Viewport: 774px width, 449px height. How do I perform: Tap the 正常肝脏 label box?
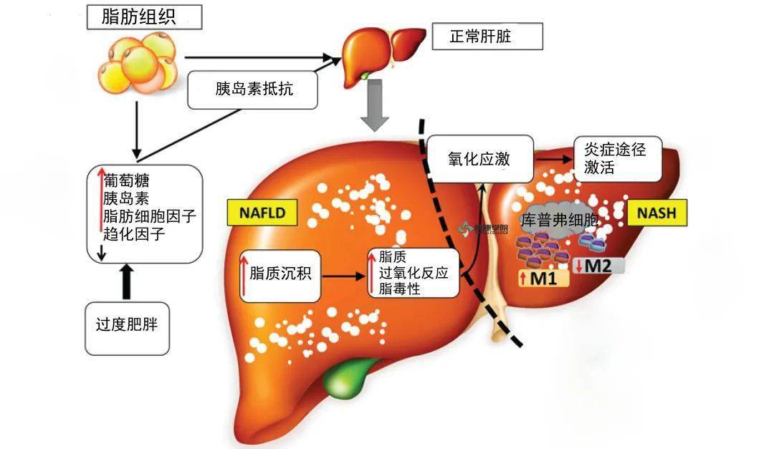(x=487, y=37)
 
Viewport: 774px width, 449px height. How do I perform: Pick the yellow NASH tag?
(x=656, y=213)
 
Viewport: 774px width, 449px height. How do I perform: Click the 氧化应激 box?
(x=479, y=159)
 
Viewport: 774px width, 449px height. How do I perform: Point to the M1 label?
(x=543, y=278)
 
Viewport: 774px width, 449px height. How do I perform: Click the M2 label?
(x=598, y=266)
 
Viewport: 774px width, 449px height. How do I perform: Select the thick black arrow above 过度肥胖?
(x=128, y=281)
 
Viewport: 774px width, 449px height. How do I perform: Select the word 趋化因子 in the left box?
(x=135, y=233)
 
